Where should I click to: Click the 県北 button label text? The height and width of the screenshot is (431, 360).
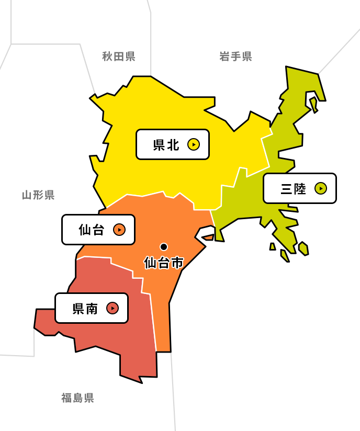[x=166, y=145]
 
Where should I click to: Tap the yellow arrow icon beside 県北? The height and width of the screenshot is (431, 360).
[x=194, y=144]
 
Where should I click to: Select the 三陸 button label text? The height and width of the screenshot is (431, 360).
[x=293, y=189]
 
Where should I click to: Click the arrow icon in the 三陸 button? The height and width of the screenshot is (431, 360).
[x=321, y=188]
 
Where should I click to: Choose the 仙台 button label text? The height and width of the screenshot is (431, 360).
[x=92, y=230]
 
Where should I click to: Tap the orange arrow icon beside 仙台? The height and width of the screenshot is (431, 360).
[x=119, y=230]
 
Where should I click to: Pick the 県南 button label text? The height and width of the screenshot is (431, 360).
[x=85, y=309]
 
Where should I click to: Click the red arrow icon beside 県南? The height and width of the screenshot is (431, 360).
[x=113, y=308]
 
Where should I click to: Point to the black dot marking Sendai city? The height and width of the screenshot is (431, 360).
[x=164, y=246]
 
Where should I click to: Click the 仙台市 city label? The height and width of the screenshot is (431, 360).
[x=164, y=263]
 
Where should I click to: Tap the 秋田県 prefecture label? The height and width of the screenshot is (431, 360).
[x=119, y=56]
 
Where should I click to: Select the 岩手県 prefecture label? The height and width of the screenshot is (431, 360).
[x=235, y=56]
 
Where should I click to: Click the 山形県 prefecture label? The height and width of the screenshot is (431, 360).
[x=38, y=195]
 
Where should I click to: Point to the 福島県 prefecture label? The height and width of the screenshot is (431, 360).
[x=77, y=398]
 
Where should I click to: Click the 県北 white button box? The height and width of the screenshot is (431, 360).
[x=173, y=144]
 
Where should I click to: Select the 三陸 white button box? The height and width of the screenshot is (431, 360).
[x=300, y=188]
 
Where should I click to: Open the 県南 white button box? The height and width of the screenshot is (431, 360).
[x=92, y=308]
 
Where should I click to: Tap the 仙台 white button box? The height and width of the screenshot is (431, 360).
[x=98, y=230]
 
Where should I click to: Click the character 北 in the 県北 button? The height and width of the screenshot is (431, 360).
[x=174, y=145]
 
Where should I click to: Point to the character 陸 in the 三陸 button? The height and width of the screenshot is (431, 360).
[x=300, y=189]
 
